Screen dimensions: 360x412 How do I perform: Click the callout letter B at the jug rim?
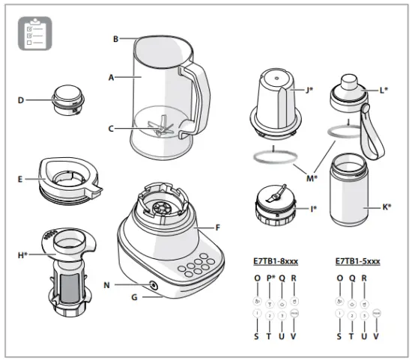116,38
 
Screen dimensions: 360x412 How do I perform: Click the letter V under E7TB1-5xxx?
376,337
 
